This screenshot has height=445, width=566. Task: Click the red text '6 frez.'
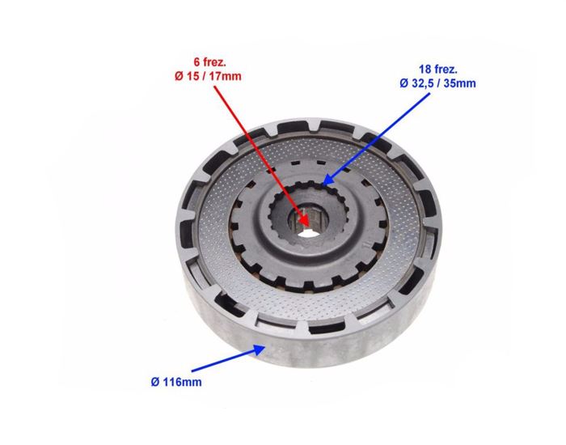(209, 62)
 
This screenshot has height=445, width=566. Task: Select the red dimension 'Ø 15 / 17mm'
(208, 76)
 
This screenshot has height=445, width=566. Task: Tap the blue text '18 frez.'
(438, 70)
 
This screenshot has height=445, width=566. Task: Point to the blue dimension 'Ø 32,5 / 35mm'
(437, 83)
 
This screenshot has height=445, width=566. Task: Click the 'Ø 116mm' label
(176, 382)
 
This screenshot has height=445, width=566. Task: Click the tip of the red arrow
(309, 227)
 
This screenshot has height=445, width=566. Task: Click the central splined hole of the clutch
(307, 223)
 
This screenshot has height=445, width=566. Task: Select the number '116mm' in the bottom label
(181, 382)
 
